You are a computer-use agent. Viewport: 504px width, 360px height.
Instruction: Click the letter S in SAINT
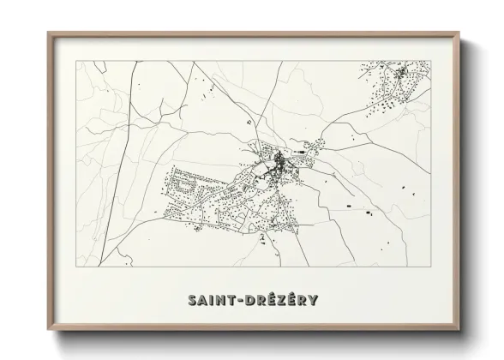190,300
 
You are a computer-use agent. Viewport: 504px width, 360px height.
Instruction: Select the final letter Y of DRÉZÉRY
314,300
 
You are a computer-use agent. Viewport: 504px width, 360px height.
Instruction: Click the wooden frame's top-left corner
48,33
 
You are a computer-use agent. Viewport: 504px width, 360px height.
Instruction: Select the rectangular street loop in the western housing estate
183,183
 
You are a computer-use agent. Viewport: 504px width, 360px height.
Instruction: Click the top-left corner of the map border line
77,61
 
